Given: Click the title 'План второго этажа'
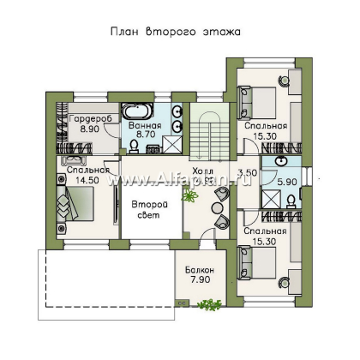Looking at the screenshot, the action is [x=176, y=32].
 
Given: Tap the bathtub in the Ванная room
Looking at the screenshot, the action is [x=136, y=111].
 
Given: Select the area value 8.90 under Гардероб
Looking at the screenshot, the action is [x=90, y=129].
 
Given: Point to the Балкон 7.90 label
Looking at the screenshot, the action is [x=200, y=274].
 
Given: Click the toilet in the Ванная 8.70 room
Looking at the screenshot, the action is [x=134, y=147].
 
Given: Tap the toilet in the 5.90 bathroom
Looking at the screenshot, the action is [x=291, y=201].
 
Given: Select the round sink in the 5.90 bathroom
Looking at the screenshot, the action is [x=281, y=161].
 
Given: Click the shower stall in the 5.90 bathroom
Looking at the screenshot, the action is [x=269, y=200].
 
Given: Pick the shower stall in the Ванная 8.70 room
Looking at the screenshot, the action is [x=172, y=144].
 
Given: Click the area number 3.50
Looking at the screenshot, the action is [x=248, y=173].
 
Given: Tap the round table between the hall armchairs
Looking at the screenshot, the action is [x=217, y=207].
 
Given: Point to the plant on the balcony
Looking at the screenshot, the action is [x=209, y=304].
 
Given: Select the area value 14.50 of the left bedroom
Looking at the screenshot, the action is [x=87, y=180].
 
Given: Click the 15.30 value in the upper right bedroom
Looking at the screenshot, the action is [x=265, y=136].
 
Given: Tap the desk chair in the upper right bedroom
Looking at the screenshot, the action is [x=284, y=79].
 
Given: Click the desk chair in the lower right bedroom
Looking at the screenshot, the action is [x=284, y=282].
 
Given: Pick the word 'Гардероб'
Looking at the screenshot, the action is [x=90, y=118].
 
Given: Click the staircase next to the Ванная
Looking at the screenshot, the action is [x=210, y=131].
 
